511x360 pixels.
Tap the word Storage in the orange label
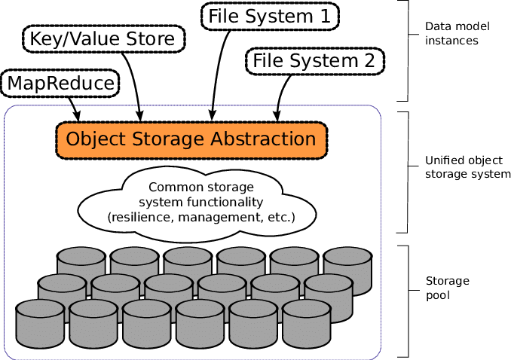158,140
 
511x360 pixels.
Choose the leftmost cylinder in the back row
81,259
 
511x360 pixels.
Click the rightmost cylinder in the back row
347,267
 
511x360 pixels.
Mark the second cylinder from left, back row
135,259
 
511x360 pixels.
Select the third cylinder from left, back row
188,259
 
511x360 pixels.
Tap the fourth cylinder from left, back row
241,259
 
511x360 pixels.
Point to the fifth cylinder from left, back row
294,259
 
